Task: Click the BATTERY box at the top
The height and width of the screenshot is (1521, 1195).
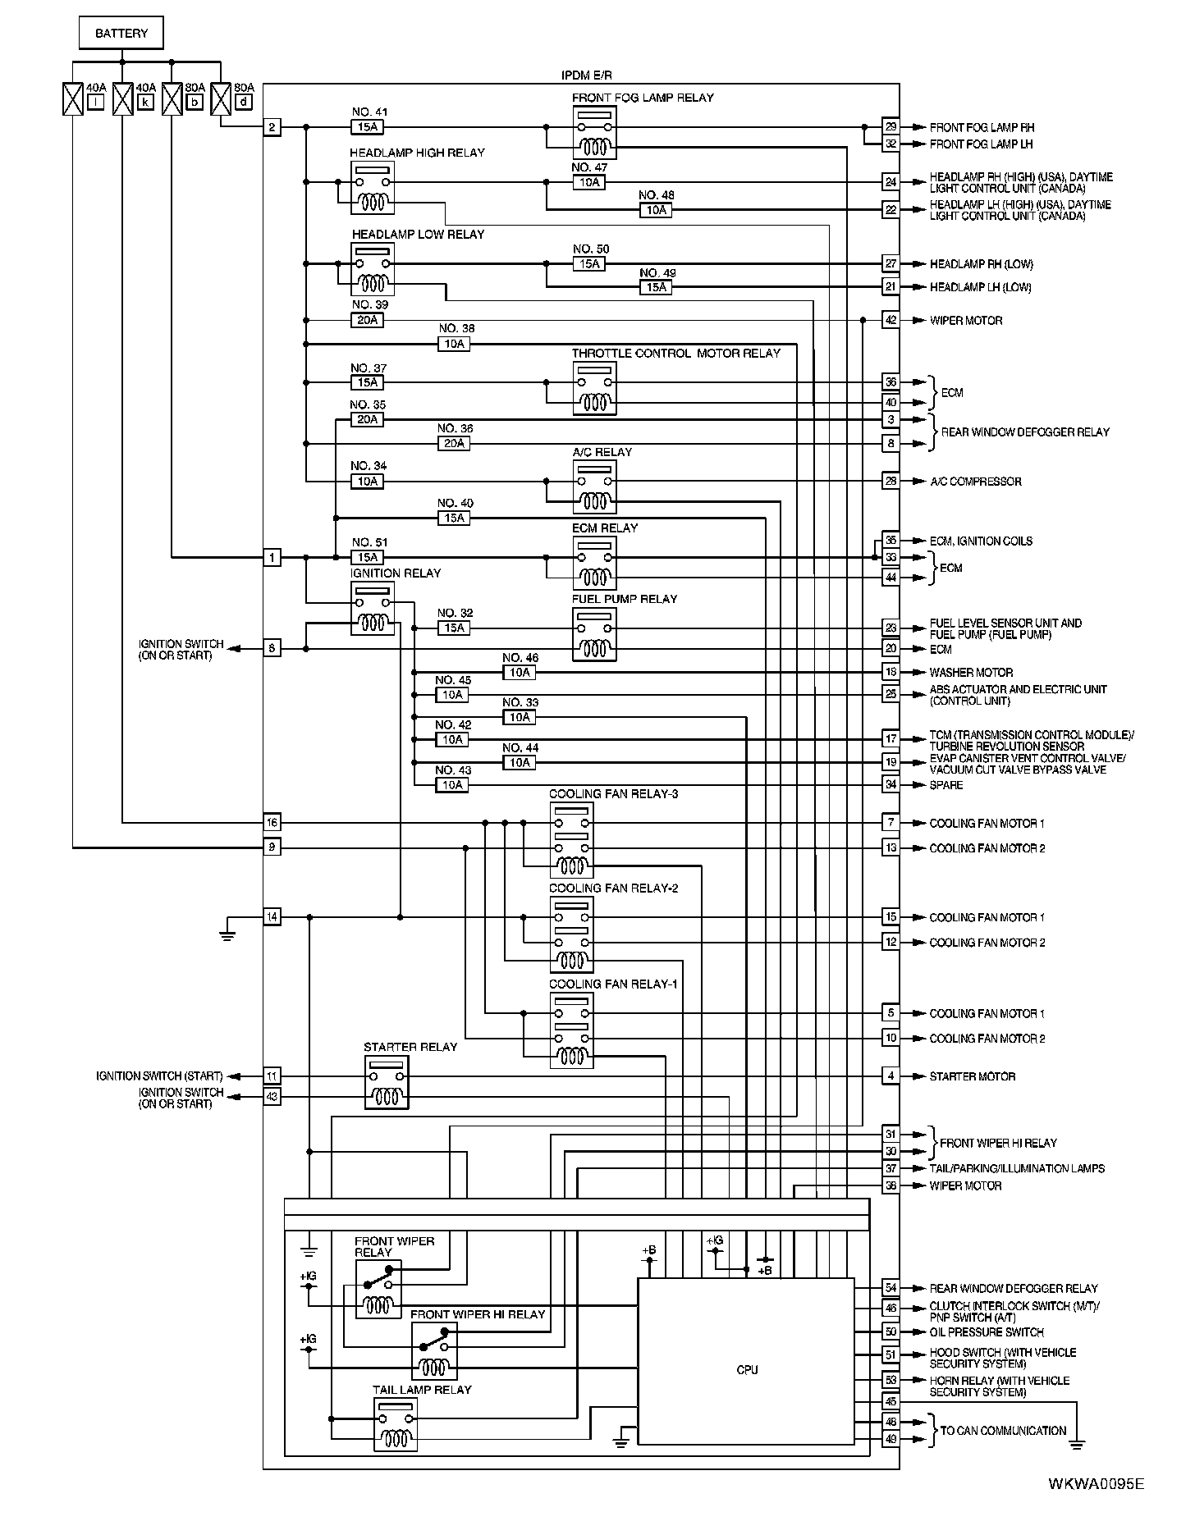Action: click(121, 34)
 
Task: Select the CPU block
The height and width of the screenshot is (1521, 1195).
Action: click(746, 1369)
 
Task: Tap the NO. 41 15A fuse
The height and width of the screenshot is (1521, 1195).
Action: click(367, 127)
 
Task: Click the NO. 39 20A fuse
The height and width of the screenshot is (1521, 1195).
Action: click(367, 320)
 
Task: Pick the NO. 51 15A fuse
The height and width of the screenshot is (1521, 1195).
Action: click(367, 557)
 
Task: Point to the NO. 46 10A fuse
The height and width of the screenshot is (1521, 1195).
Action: click(520, 673)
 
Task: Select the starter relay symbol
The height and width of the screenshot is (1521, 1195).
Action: click(386, 1082)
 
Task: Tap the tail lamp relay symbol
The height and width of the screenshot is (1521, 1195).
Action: click(396, 1425)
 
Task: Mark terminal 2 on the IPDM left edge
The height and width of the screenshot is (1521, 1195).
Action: click(272, 127)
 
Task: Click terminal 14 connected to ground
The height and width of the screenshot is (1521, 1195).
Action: click(272, 916)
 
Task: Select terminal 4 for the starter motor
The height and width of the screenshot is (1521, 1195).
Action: click(891, 1076)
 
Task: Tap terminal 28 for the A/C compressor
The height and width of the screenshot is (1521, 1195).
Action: click(891, 482)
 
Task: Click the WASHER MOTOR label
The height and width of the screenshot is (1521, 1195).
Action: click(971, 673)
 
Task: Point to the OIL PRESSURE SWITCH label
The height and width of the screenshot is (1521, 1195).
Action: click(987, 1332)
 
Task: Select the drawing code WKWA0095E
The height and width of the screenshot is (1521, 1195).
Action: click(1095, 1483)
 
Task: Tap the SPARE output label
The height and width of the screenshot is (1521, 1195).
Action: click(946, 785)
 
